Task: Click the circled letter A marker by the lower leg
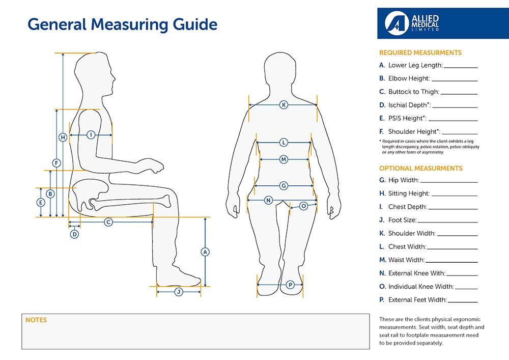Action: point(205,252)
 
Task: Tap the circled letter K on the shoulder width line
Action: point(284,105)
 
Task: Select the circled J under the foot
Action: point(179,292)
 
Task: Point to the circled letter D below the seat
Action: point(74,234)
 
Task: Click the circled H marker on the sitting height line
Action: point(63,137)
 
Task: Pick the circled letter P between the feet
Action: point(290,285)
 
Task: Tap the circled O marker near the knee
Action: point(303,206)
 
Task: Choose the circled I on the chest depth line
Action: point(91,135)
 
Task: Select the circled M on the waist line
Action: point(284,159)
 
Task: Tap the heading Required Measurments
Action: point(420,52)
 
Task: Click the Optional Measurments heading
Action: point(421,168)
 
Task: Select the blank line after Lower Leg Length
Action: point(461,67)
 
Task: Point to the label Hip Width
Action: point(403,180)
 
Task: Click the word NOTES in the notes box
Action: point(36,320)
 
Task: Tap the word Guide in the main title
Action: point(191,24)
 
